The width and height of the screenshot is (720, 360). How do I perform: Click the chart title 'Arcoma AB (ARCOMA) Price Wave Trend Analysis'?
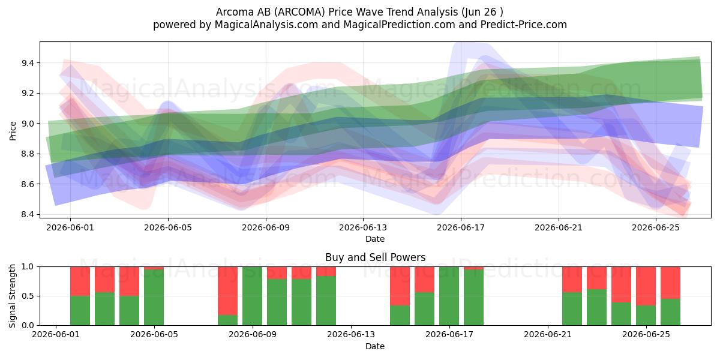(x=337, y=12)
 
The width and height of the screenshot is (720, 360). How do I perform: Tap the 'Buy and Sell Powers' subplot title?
(x=375, y=257)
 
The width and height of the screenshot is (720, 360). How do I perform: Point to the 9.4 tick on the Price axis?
(x=28, y=63)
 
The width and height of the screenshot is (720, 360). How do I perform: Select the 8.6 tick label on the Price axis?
(x=28, y=184)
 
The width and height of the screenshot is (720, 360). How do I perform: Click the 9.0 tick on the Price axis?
(x=28, y=124)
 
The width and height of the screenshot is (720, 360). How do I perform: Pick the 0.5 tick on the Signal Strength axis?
(x=28, y=296)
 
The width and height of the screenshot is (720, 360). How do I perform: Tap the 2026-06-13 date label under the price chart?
(x=363, y=227)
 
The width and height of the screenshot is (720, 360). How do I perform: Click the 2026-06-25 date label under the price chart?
(x=656, y=227)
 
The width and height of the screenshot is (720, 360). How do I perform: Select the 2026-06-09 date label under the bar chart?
(x=253, y=335)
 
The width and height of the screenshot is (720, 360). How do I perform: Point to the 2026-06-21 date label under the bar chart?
(x=548, y=335)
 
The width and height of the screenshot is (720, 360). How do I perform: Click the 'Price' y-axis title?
(x=13, y=131)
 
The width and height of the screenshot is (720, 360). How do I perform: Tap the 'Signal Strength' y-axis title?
(x=12, y=296)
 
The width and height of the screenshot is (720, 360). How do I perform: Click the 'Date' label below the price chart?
(x=375, y=239)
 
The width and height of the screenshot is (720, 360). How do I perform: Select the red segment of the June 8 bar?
(x=227, y=291)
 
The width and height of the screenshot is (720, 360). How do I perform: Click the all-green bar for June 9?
(x=253, y=296)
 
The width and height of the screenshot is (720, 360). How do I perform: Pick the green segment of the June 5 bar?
(x=154, y=298)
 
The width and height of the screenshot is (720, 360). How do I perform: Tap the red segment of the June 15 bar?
(x=400, y=286)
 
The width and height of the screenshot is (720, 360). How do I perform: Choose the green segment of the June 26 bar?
(x=671, y=312)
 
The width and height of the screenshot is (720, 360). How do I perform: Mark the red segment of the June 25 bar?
(x=646, y=286)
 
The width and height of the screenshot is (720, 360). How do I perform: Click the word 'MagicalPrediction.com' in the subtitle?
(x=399, y=25)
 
